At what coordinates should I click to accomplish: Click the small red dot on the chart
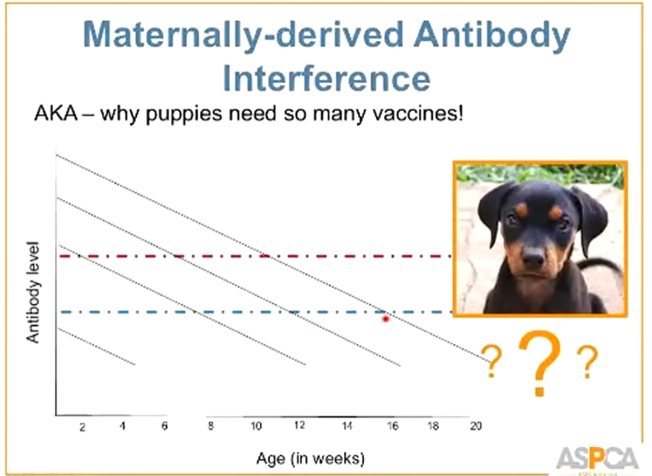point(385,318)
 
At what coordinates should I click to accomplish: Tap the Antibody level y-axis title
point(33,292)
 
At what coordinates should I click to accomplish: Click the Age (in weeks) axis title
point(310,458)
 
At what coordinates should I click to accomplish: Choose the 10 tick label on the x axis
point(256,426)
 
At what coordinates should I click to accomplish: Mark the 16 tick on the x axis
point(393,426)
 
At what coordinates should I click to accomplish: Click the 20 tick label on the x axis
point(474,426)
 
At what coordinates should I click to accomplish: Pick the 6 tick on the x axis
point(164,426)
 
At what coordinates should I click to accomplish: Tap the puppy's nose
point(534,256)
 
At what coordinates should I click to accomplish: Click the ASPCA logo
point(597,458)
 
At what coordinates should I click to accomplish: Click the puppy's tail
point(606,264)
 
